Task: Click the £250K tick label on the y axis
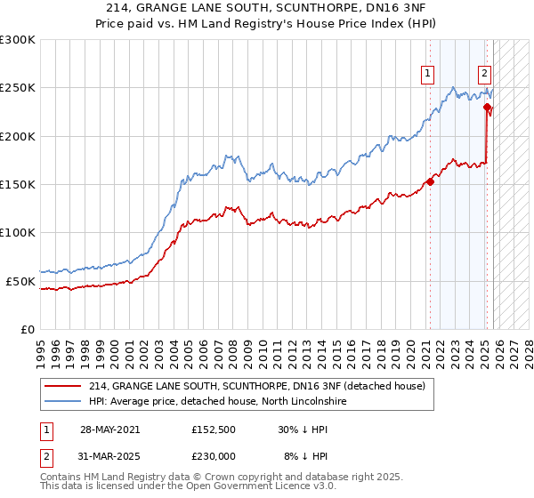(x=18, y=88)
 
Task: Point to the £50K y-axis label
(x=20, y=281)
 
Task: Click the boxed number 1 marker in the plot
(x=428, y=74)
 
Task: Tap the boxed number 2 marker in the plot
(x=484, y=74)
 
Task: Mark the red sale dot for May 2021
(x=430, y=181)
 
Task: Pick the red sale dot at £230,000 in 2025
(x=487, y=108)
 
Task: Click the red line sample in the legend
(x=64, y=386)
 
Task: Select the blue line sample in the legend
(x=64, y=401)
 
